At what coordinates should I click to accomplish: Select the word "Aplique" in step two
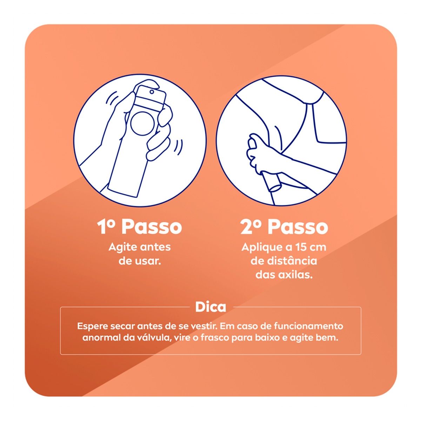(257, 248)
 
